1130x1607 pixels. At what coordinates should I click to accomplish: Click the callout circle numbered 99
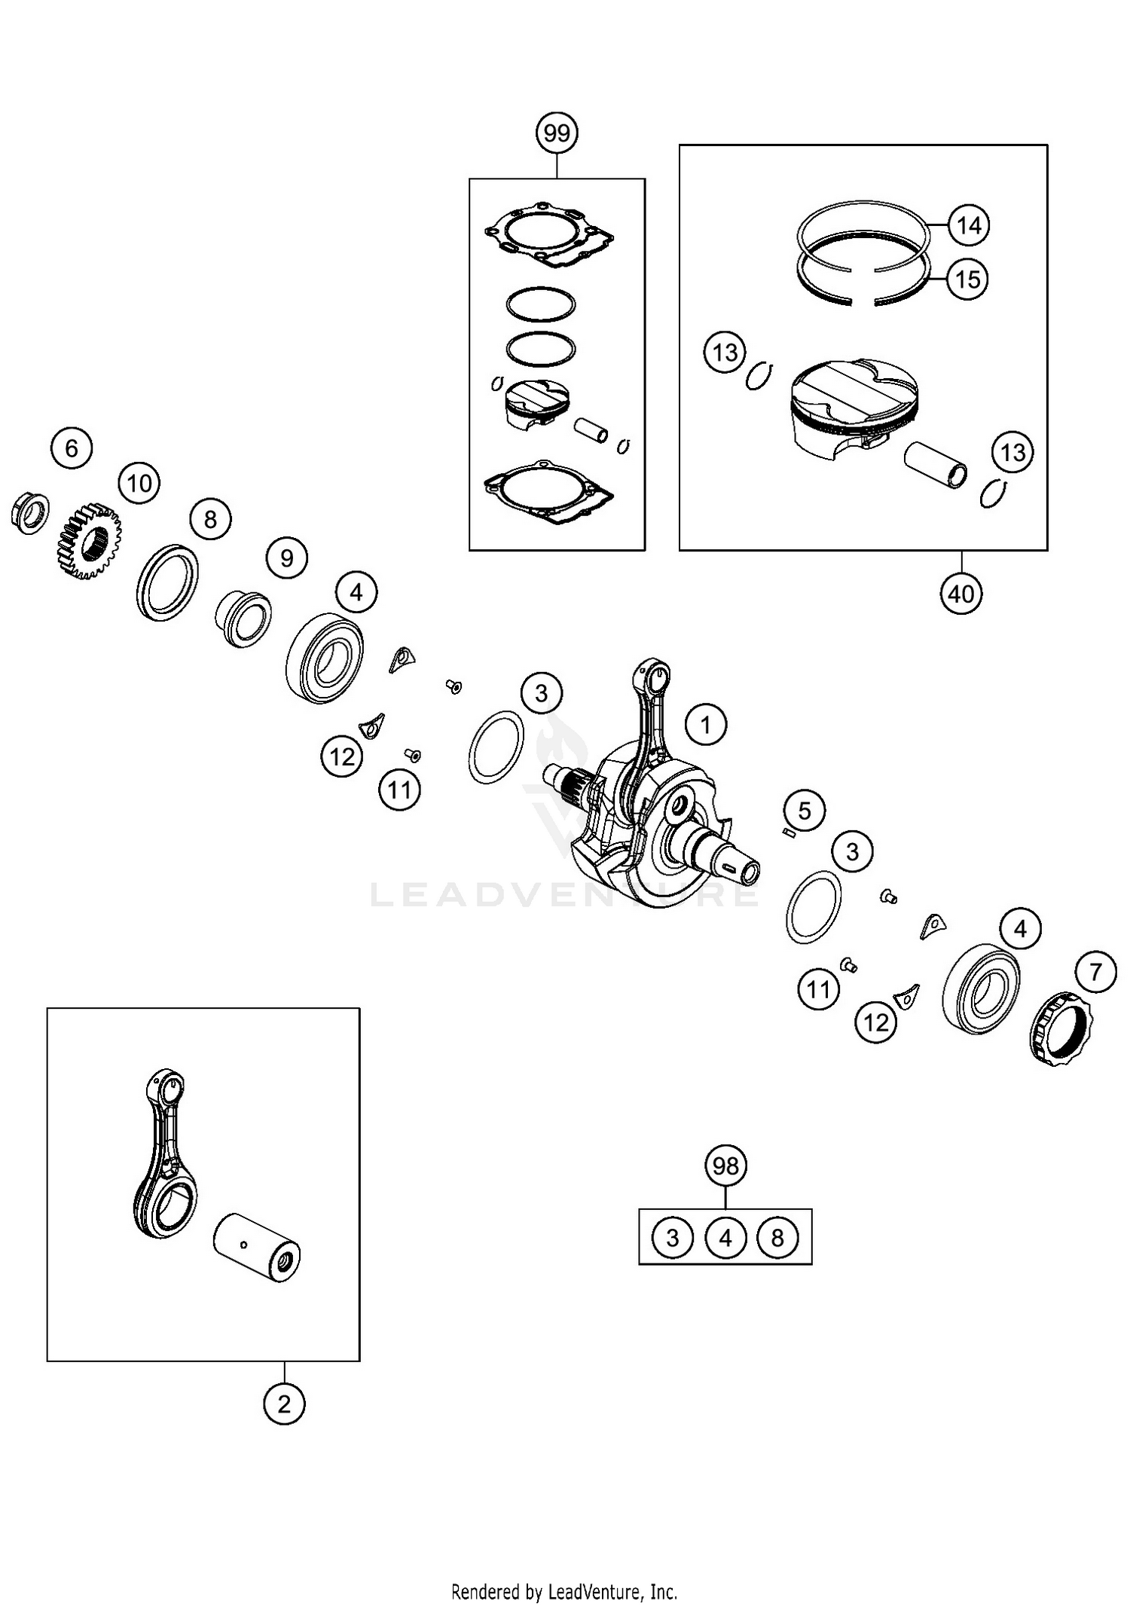click(557, 133)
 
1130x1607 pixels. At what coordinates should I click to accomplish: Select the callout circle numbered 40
click(961, 594)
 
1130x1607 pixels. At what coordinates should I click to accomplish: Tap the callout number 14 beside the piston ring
click(969, 225)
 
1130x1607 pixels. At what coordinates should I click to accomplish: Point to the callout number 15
click(967, 280)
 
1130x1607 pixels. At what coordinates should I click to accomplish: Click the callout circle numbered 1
click(706, 725)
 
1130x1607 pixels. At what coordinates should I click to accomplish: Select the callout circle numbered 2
click(284, 1404)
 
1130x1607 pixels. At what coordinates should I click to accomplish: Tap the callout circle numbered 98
click(725, 1166)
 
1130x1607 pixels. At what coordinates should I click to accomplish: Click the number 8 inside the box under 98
click(777, 1237)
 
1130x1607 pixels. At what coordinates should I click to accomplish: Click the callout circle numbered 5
click(805, 811)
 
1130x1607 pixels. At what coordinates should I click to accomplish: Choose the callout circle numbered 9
click(287, 558)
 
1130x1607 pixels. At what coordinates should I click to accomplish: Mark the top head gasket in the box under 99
click(548, 235)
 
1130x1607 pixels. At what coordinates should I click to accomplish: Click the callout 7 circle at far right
click(1095, 971)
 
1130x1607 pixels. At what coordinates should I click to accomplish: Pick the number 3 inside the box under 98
click(672, 1237)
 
